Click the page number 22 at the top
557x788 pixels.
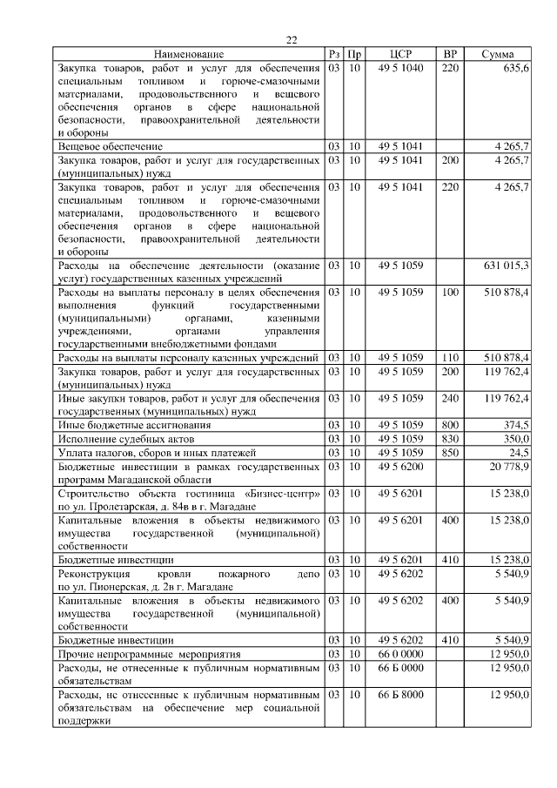pos(292,39)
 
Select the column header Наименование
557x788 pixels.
pos(190,54)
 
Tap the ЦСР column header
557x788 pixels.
pos(400,54)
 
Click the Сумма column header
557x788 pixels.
pos(498,54)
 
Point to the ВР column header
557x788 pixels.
pos(449,54)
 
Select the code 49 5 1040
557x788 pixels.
pos(400,68)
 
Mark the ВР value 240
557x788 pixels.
pos(449,398)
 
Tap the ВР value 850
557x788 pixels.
pos(449,453)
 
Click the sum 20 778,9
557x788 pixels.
pos(508,467)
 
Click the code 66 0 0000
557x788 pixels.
pos(400,653)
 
